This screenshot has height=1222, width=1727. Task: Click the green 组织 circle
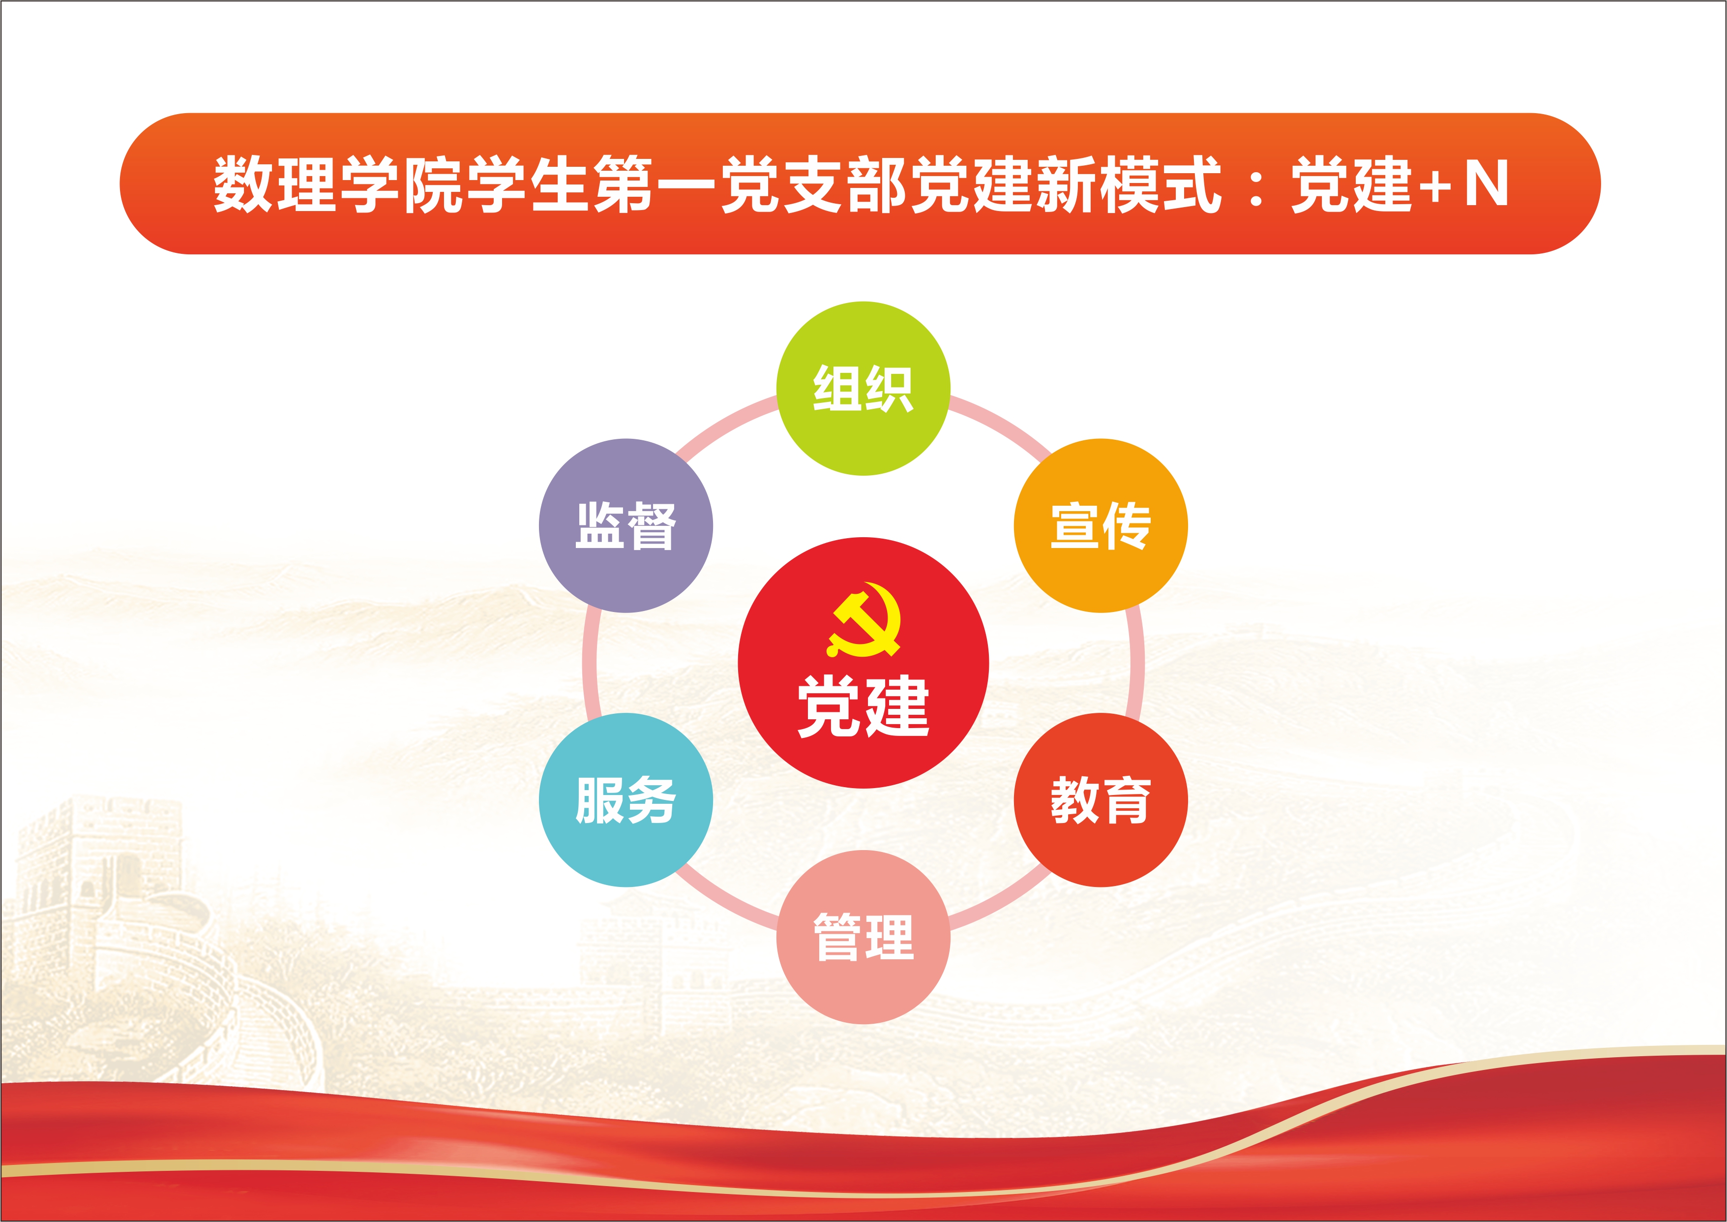pos(863,388)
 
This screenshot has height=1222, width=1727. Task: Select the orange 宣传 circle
pos(1101,525)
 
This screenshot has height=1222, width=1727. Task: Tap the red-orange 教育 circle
pos(1101,800)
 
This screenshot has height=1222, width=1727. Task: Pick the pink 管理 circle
pos(863,937)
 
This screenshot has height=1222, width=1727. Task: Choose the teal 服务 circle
pos(626,800)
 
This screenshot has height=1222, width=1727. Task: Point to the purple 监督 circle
pos(626,525)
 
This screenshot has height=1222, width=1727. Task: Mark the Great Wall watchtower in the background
pos(98,888)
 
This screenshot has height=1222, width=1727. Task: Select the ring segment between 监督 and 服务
pos(590,662)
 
